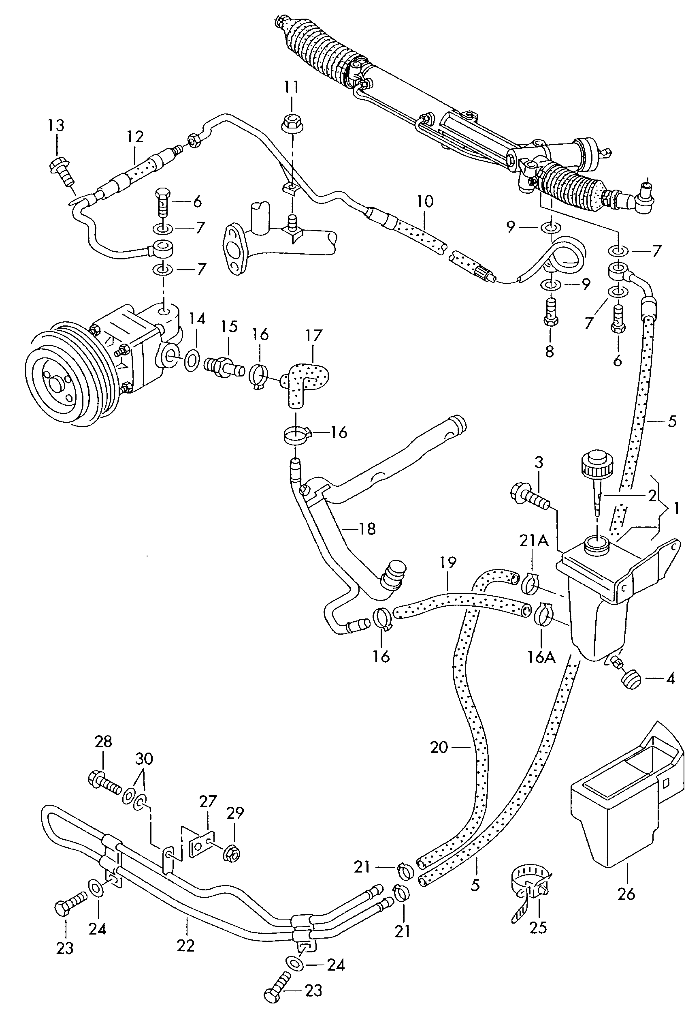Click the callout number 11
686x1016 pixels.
click(291, 87)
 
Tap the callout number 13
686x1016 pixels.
click(56, 126)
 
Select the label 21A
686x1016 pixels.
click(533, 541)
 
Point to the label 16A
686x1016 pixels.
click(541, 657)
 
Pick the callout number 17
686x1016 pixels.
click(314, 335)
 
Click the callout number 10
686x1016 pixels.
click(425, 201)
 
